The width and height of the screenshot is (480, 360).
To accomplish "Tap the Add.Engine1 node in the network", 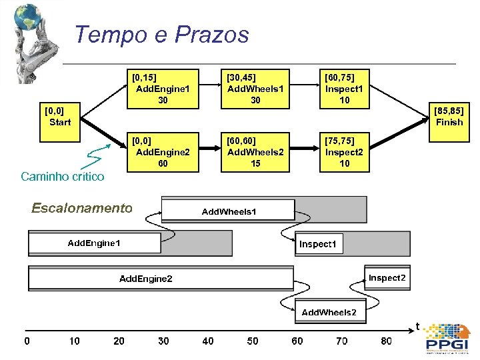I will click(x=163, y=89).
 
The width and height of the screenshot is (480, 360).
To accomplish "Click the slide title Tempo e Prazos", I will click(x=161, y=35).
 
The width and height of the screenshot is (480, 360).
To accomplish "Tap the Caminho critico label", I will click(x=63, y=177).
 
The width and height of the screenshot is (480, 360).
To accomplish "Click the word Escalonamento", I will click(x=82, y=208).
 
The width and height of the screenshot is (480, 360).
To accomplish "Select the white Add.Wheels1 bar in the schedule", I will click(x=228, y=211).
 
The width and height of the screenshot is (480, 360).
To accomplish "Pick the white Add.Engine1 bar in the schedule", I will click(x=94, y=243).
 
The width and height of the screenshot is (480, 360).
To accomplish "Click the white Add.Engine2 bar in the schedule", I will click(x=145, y=278).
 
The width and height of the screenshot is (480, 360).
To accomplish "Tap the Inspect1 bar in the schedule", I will click(x=319, y=244).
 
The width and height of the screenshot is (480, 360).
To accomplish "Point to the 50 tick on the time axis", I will click(x=253, y=341).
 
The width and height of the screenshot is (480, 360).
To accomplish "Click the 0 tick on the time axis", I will click(x=27, y=341).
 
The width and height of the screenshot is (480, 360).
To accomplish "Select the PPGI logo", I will click(x=447, y=338).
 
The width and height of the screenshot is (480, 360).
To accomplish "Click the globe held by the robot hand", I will click(x=28, y=17).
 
